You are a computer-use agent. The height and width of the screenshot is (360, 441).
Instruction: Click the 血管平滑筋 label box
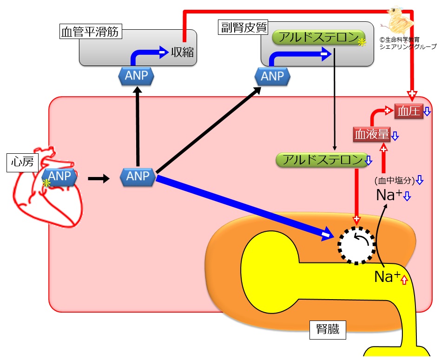[91, 31]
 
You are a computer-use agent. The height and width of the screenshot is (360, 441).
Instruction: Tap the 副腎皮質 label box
[244, 27]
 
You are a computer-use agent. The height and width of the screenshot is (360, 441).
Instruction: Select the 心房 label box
[22, 162]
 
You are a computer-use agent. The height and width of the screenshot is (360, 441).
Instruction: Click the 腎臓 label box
[328, 329]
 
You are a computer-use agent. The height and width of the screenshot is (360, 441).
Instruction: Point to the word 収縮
[182, 52]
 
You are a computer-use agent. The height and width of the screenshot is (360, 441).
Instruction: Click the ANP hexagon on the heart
[59, 177]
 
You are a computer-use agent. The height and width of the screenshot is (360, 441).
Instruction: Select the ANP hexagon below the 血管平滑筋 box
[137, 76]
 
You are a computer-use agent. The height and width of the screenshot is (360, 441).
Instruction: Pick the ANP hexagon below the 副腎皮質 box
[272, 77]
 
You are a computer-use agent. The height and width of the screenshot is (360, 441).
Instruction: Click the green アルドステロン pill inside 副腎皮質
[318, 38]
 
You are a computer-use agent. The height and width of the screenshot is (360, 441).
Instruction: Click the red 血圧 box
[409, 111]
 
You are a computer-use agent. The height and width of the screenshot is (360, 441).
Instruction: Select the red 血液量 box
[372, 134]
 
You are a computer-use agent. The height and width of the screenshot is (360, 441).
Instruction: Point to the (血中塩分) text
[395, 180]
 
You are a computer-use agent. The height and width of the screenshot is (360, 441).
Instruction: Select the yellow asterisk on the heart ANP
[46, 183]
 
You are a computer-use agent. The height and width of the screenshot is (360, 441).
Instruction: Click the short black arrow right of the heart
[99, 178]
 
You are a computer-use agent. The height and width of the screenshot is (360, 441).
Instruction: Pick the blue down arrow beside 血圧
[427, 111]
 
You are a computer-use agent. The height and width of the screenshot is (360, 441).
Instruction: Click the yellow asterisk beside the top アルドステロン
[362, 42]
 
